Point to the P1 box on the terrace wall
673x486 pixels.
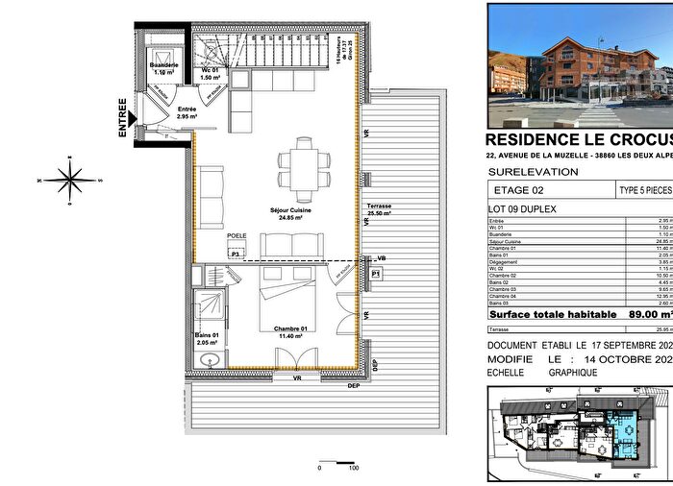[377, 274]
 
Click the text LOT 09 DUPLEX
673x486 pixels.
[524, 233]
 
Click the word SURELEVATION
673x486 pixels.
[535, 198]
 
